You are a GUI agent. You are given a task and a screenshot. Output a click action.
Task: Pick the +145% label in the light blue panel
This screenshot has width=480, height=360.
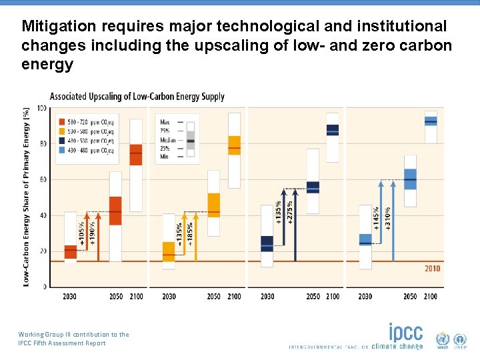(x=377, y=218)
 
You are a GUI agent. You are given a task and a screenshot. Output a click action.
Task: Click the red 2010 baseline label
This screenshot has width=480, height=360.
(x=432, y=269)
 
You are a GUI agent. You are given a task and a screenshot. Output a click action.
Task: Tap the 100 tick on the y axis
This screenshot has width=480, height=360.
(x=42, y=108)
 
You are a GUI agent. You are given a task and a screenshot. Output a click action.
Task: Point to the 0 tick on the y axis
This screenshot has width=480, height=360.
(x=45, y=287)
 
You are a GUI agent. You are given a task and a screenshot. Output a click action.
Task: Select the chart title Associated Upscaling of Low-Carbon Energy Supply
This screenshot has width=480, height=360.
(x=137, y=97)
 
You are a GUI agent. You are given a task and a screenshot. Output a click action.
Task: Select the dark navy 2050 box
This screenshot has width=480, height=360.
(x=313, y=187)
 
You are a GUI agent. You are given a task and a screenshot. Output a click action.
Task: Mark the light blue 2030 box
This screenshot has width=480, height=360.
(x=365, y=239)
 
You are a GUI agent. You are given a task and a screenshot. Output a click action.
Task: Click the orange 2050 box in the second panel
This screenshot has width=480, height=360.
(x=214, y=205)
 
